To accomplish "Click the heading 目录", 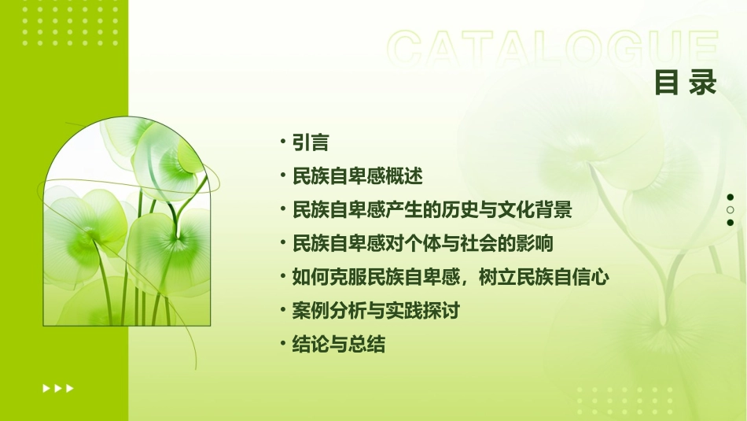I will coord(685,83).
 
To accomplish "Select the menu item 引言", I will coord(310,142).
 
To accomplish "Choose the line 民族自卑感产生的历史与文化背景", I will coord(431,210).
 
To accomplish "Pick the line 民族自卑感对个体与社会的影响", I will coord(422,244).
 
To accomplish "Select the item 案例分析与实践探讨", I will coord(375,311).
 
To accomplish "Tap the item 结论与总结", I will coord(338,345).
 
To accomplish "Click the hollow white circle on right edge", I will coord(730,210).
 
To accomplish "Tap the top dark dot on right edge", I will coord(730,198).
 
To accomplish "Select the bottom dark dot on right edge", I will coord(730,223).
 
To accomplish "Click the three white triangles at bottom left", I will coord(58,388).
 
